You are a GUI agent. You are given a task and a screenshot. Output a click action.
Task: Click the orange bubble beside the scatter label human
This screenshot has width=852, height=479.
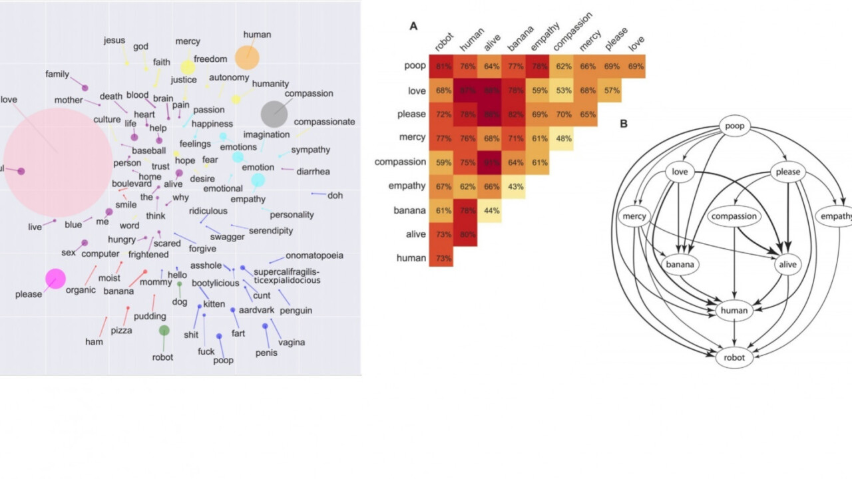[247, 58]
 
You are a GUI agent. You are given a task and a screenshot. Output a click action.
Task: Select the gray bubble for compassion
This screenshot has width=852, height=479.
[274, 114]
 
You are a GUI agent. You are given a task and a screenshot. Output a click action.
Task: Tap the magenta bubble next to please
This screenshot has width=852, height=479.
[55, 279]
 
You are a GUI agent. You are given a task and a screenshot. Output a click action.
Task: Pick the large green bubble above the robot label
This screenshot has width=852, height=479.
[164, 330]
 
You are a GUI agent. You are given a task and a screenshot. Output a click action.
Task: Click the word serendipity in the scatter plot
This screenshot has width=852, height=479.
[270, 231]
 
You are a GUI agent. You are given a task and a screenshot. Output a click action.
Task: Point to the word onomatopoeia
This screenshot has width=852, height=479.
[314, 256]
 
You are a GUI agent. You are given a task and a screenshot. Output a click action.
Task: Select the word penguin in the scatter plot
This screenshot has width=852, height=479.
[296, 311]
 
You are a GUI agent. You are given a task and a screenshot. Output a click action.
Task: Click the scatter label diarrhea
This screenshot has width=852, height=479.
[313, 172]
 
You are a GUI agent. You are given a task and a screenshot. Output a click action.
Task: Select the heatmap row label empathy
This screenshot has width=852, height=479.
[406, 186]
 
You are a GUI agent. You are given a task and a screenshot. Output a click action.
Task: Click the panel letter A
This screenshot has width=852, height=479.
[413, 27]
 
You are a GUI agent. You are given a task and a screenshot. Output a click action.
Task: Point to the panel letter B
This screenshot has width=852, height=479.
[623, 124]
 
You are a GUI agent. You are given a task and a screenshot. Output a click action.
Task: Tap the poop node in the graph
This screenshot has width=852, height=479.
[735, 126]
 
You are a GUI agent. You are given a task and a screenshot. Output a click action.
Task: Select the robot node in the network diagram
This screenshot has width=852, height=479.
[734, 358]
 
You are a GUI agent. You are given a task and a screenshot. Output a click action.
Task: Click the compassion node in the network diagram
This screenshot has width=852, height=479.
[734, 216]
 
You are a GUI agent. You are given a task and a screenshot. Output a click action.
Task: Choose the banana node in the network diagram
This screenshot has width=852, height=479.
[680, 264]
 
